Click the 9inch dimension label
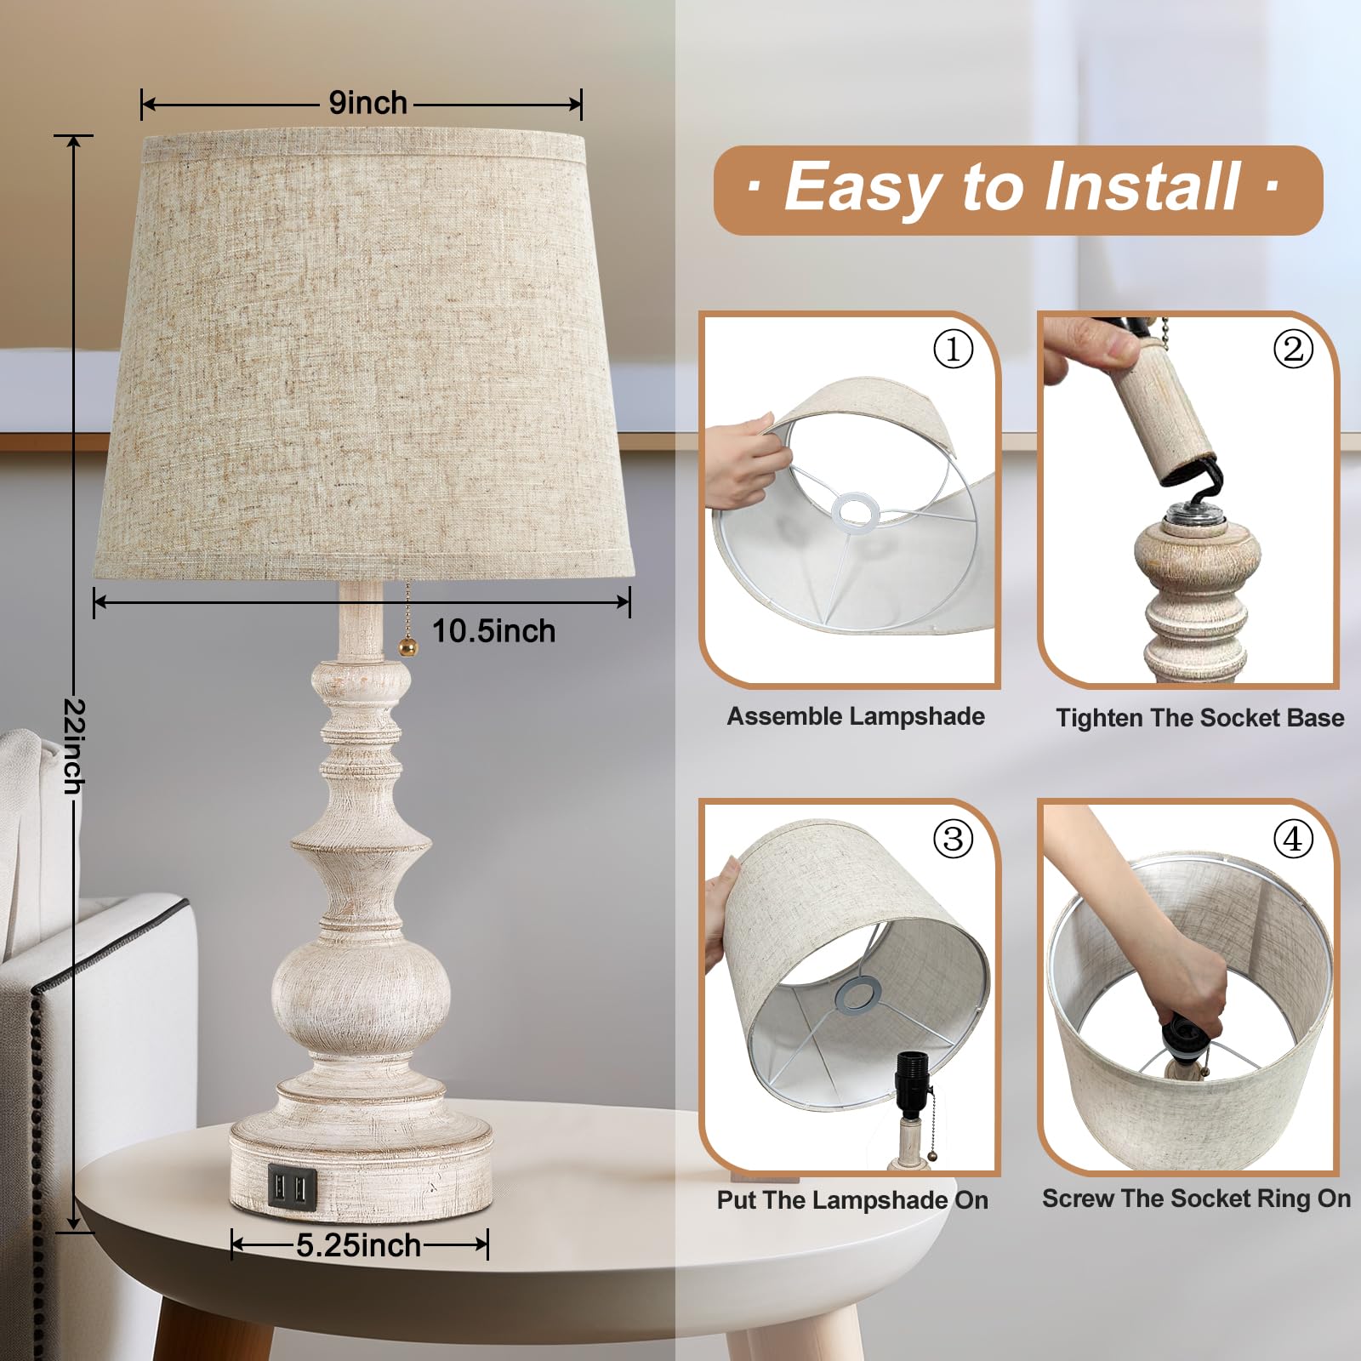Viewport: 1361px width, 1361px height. click(367, 103)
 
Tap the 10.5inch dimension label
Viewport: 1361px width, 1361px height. click(493, 631)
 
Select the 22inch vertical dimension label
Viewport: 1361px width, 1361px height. click(75, 745)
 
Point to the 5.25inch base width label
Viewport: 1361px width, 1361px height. click(358, 1245)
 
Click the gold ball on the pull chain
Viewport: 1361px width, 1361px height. click(408, 648)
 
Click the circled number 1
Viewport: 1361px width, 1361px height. click(953, 349)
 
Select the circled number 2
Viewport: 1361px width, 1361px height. click(1292, 349)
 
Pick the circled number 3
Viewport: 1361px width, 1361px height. click(953, 840)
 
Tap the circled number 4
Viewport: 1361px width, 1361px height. click(1292, 840)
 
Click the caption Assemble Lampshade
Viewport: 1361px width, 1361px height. click(855, 716)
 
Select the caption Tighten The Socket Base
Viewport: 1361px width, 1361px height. click(1199, 718)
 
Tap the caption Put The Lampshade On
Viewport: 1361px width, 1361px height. click(852, 1200)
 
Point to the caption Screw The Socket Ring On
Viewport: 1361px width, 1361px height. click(1196, 1199)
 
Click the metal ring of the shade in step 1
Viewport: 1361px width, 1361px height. click(856, 511)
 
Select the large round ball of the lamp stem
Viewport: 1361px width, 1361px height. click(362, 991)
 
